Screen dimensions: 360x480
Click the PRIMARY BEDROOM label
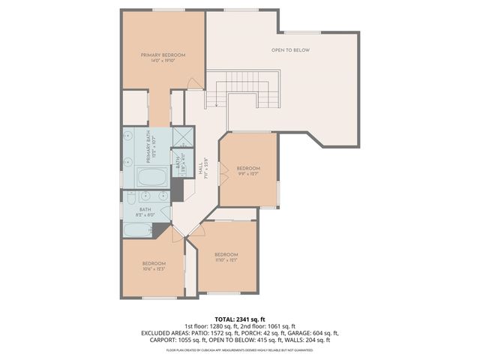[x=163, y=55]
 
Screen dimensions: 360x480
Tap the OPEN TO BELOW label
[x=290, y=50]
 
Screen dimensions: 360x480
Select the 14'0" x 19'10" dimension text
[x=163, y=61]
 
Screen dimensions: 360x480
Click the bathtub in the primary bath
[x=154, y=178]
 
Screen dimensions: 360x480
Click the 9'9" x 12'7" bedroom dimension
[x=248, y=173]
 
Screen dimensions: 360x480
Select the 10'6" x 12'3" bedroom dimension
[x=154, y=268]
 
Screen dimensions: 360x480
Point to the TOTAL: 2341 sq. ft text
[x=240, y=319]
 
